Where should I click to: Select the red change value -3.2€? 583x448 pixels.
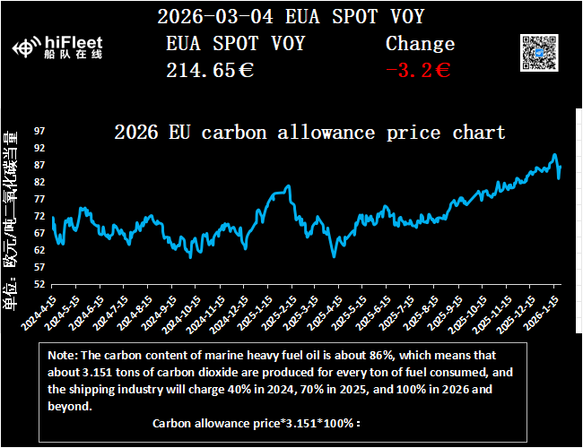pyautogui.click(x=417, y=70)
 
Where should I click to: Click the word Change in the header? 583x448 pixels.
pyautogui.click(x=420, y=43)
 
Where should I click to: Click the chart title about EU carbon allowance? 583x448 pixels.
pyautogui.click(x=309, y=133)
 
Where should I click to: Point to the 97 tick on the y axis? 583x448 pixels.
pyautogui.click(x=39, y=131)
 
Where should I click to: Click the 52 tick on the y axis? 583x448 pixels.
pyautogui.click(x=39, y=284)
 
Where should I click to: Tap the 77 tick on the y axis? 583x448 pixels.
pyautogui.click(x=39, y=199)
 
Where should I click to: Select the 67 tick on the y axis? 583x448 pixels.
pyautogui.click(x=39, y=233)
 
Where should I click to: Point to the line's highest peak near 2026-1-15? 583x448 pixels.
pyautogui.click(x=554, y=155)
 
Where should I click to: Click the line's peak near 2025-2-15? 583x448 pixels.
pyautogui.click(x=289, y=186)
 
